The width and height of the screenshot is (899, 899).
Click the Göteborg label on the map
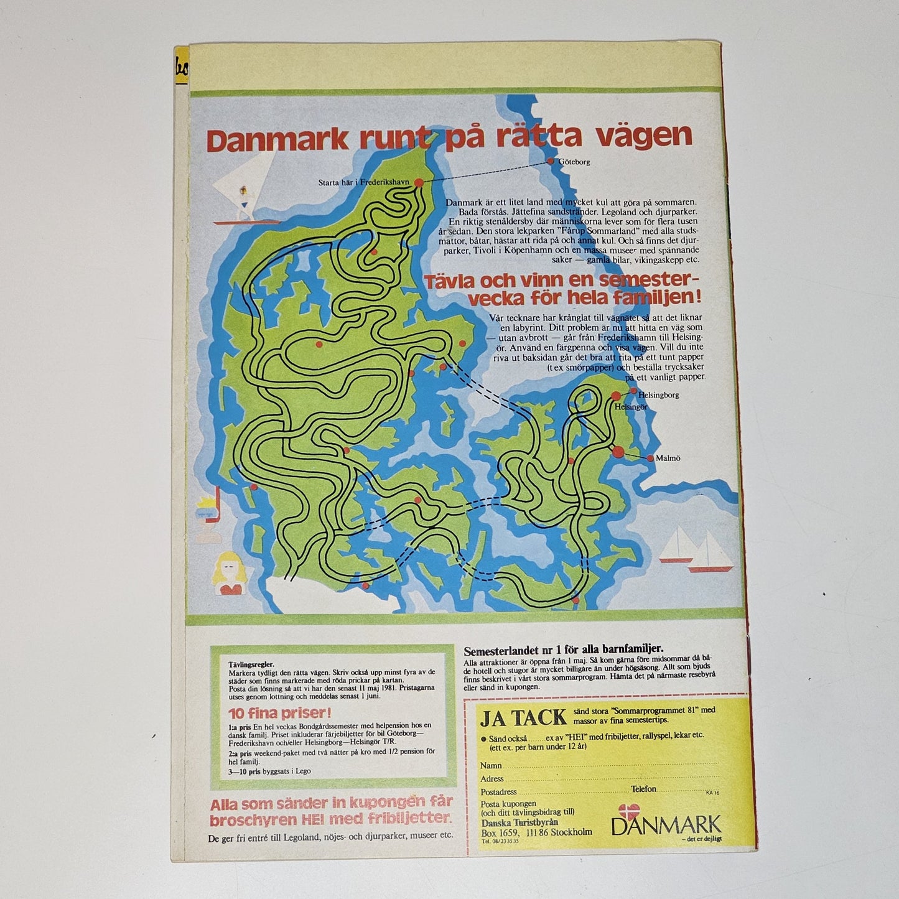574,162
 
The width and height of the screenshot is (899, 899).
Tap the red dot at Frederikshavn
419,182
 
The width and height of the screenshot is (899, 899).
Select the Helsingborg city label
658,395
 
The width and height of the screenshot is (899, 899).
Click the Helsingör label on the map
631,407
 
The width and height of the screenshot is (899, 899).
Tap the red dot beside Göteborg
550,161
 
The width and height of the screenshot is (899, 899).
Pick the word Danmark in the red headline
277,140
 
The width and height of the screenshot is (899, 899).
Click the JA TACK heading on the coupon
523,717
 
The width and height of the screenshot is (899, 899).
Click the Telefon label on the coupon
643,789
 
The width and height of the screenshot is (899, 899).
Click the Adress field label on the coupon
492,778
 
